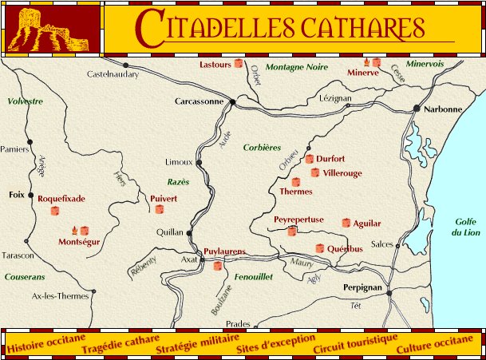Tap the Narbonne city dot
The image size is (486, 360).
(416, 109)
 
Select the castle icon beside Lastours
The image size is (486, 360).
(238, 64)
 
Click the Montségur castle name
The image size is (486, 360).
(79, 241)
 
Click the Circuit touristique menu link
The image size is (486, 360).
(355, 344)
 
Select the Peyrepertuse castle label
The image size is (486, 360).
(298, 219)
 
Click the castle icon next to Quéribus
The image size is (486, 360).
(320, 248)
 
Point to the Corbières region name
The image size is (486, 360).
(263, 148)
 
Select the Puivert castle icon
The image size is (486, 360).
(159, 210)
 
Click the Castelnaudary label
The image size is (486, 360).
(113, 75)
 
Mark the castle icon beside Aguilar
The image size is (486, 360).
(346, 223)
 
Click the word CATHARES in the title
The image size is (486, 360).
(352, 28)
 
